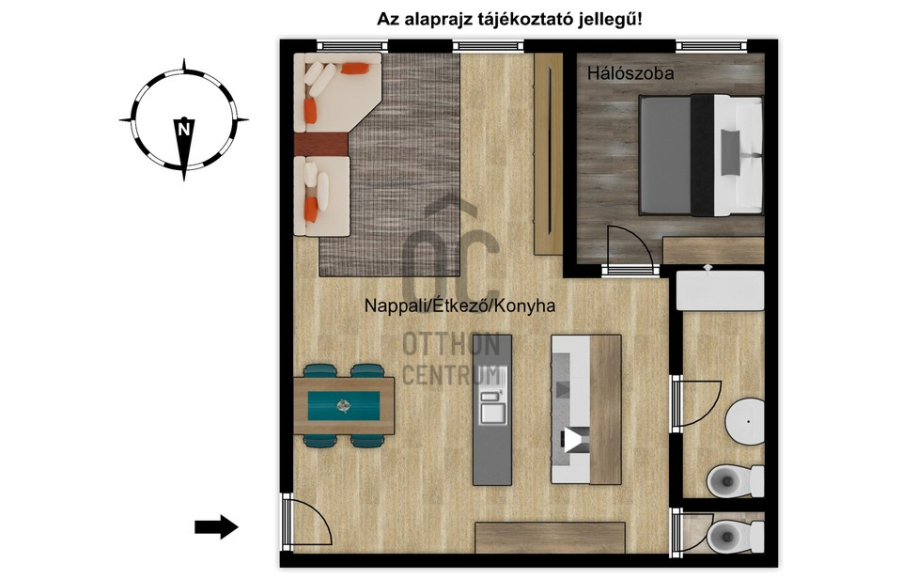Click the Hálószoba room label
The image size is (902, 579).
[630, 73]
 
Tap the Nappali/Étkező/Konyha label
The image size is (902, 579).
[460, 305]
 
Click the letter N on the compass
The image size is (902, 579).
[184, 130]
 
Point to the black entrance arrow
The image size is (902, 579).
[216, 526]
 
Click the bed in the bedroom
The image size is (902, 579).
[701, 155]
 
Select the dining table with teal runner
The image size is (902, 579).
[344, 406]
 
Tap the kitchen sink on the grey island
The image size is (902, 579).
[493, 406]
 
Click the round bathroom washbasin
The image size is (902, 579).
[744, 421]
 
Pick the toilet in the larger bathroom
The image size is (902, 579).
[735, 480]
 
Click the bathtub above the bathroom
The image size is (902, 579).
[721, 291]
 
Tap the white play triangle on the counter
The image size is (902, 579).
[573, 441]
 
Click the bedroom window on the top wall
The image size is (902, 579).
[711, 45]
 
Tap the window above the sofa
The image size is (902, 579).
[351, 45]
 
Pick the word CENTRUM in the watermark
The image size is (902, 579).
[451, 375]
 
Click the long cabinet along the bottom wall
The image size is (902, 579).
[550, 538]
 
